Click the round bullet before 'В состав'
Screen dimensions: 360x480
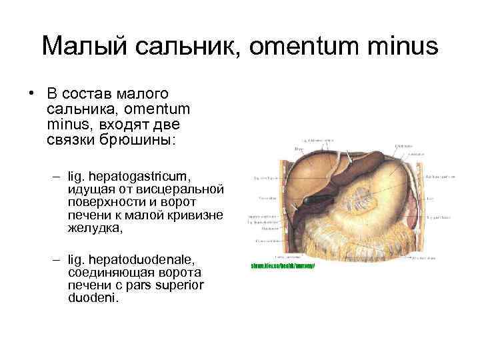click(31, 93)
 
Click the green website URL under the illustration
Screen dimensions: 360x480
click(282, 265)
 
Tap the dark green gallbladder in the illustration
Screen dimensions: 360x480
click(313, 198)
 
